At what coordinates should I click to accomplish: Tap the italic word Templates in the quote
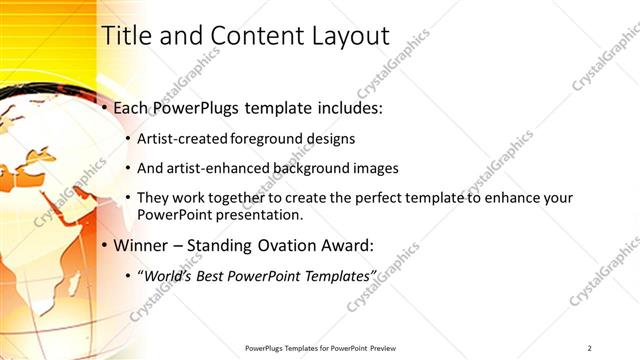click(x=338, y=275)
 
